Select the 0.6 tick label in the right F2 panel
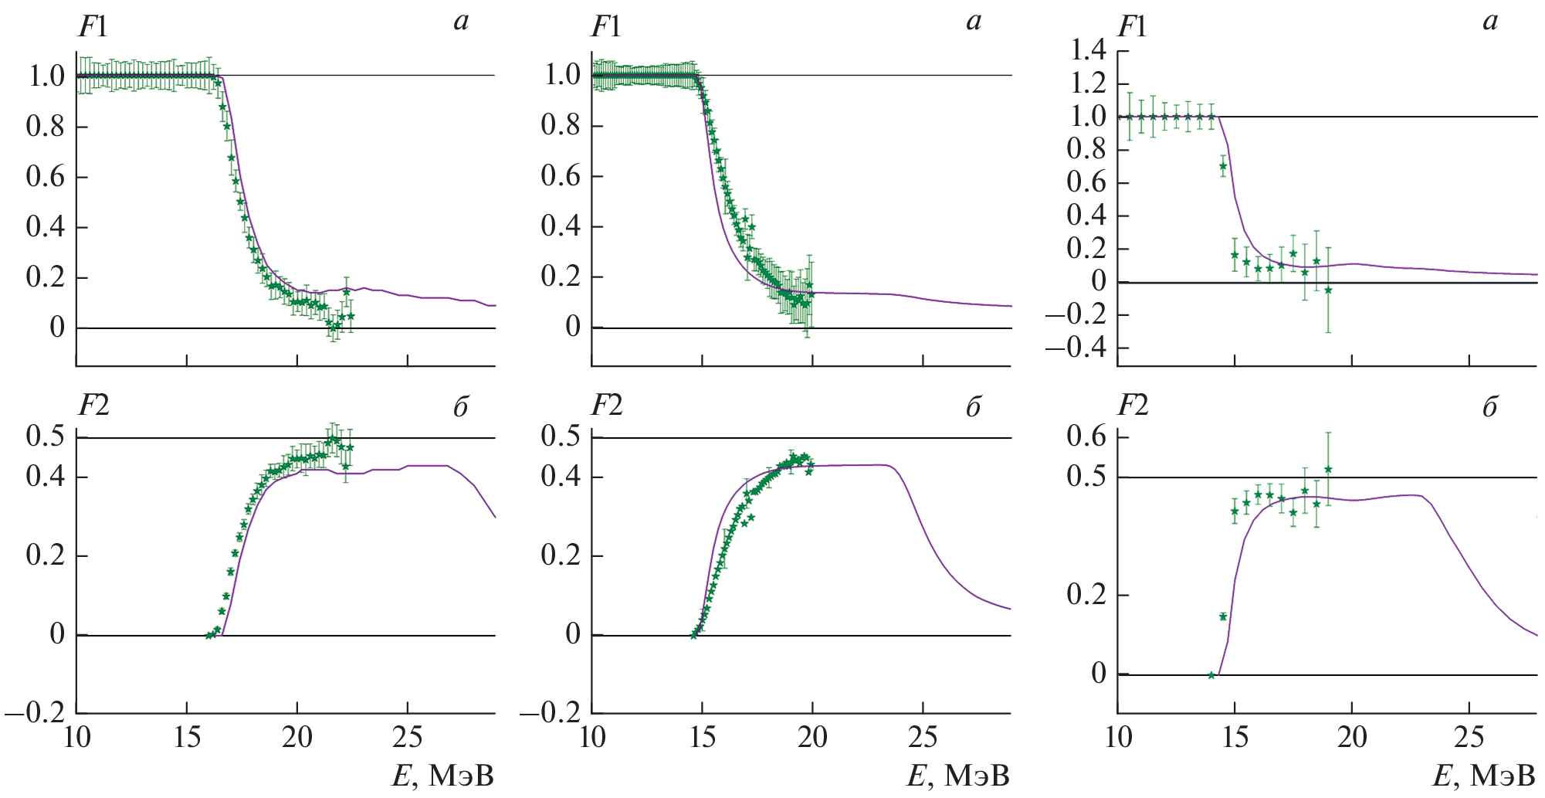(x=1086, y=437)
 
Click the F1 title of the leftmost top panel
(x=93, y=28)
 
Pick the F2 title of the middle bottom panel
(x=607, y=406)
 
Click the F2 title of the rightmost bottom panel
(x=1133, y=406)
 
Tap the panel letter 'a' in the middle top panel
(x=974, y=22)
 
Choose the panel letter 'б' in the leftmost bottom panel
(x=460, y=407)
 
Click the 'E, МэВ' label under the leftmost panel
(x=442, y=776)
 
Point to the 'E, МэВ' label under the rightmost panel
(x=1484, y=776)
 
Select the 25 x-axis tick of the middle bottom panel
(x=923, y=738)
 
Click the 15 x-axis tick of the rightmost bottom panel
(x=1235, y=738)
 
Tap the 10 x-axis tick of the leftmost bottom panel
(x=76, y=738)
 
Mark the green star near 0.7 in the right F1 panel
(x=1223, y=166)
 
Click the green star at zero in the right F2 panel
(x=1211, y=675)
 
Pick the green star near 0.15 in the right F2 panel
(x=1223, y=616)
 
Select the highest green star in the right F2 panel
(x=1328, y=469)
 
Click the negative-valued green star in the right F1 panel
(x=1328, y=290)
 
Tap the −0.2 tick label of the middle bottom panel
(x=551, y=713)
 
